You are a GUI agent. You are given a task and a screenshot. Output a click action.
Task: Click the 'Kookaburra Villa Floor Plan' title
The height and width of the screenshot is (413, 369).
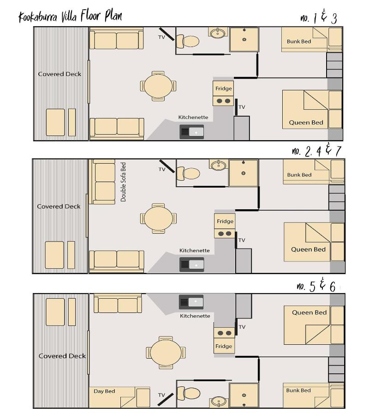[x=70, y=16]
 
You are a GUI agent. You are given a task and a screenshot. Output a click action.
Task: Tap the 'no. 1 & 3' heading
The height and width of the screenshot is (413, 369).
[x=319, y=18]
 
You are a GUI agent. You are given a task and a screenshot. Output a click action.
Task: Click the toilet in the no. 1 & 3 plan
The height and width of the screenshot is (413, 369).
[x=187, y=41]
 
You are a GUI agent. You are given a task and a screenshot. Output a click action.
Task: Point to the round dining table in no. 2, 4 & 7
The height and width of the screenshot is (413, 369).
[x=158, y=218]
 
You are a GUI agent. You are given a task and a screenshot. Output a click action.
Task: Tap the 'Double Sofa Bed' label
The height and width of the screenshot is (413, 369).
[x=123, y=182]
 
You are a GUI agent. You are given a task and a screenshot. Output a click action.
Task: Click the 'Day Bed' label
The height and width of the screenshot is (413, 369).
[x=104, y=391]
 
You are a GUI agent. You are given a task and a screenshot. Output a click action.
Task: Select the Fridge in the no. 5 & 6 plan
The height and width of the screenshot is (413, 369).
[x=224, y=346]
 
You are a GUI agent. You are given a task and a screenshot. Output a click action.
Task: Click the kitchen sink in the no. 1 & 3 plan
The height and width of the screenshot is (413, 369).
[x=191, y=132]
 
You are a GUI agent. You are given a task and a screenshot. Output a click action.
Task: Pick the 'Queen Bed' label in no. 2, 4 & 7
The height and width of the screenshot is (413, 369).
[x=308, y=249]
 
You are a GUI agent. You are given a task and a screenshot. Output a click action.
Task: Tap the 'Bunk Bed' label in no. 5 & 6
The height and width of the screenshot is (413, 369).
[x=298, y=390]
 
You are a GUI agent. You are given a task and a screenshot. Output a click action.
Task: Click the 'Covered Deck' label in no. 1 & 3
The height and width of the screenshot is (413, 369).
[x=60, y=74]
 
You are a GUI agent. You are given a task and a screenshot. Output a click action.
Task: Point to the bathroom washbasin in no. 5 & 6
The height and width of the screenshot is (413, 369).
[x=219, y=401]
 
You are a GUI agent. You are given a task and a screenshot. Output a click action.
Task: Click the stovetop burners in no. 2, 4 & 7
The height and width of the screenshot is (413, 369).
[x=225, y=234]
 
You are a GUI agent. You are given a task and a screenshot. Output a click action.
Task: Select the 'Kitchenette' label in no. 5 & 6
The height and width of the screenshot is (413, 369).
[x=195, y=316]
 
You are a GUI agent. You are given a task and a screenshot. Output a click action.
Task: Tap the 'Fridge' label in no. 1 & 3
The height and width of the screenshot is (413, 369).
[x=224, y=88]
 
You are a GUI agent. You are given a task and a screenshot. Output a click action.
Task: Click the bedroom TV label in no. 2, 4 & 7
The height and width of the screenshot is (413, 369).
[x=242, y=240]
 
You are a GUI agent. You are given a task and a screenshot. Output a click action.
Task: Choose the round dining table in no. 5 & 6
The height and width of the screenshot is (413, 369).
[x=166, y=353]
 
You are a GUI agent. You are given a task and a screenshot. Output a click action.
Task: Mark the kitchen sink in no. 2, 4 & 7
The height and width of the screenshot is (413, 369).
[x=191, y=265]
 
